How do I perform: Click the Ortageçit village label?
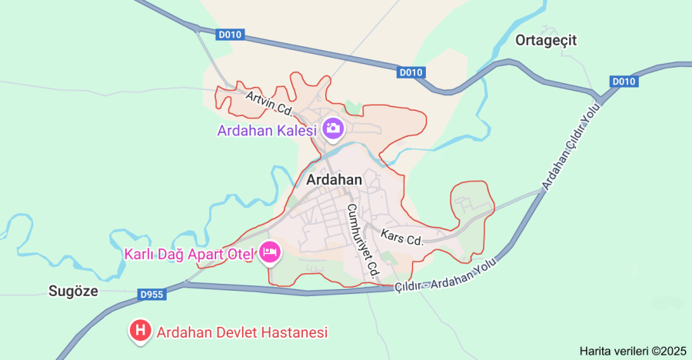[x=547, y=40]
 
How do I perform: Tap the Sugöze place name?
[x=74, y=290]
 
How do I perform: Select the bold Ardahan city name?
[x=334, y=179]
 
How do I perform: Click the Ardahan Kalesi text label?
[x=267, y=130]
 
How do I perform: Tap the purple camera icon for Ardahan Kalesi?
[x=333, y=128]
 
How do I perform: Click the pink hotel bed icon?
[x=269, y=252]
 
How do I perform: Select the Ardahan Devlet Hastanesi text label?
[x=242, y=332]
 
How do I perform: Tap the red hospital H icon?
[x=140, y=332]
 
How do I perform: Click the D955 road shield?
[x=152, y=294]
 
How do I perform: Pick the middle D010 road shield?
[x=411, y=72]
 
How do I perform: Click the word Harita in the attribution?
[x=597, y=351]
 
